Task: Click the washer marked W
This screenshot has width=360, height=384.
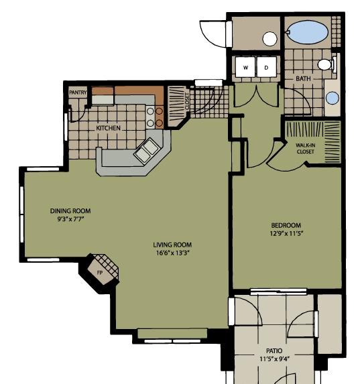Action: [x=245, y=66]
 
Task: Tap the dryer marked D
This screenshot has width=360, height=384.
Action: [x=267, y=66]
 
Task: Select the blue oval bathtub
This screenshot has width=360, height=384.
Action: [x=307, y=32]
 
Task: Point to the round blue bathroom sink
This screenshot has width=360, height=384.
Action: [x=333, y=97]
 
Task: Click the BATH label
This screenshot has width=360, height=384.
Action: [x=303, y=78]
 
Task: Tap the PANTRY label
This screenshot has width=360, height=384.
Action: [x=78, y=92]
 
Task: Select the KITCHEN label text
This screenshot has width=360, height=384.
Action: [x=108, y=128]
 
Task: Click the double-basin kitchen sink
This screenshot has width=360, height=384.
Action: [x=147, y=150]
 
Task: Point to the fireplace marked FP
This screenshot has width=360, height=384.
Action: [x=103, y=269]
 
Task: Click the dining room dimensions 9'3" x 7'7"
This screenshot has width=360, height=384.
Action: [x=70, y=219]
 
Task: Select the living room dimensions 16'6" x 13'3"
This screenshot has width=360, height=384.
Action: [x=173, y=253]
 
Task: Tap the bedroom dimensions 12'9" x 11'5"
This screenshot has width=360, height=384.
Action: [x=286, y=233]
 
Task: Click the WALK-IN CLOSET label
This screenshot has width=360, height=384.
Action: [x=305, y=148]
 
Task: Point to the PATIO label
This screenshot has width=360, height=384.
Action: [x=274, y=350]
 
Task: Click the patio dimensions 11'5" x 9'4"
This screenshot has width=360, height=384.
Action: [x=275, y=359]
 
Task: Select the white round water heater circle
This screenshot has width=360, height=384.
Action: [x=269, y=39]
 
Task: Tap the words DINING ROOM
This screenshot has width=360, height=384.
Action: [x=70, y=211]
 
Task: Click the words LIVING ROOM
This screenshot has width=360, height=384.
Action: [x=172, y=245]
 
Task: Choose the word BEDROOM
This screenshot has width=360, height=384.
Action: [x=286, y=225]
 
